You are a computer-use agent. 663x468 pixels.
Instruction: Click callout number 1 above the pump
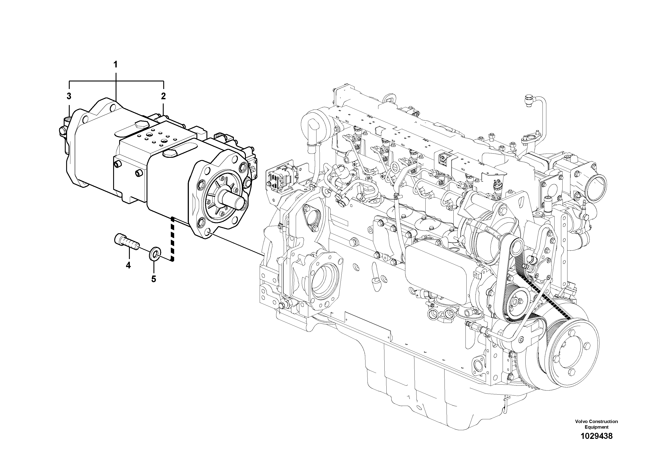point(116,64)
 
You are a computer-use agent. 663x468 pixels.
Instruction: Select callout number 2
point(163,96)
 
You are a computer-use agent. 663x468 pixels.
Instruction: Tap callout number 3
point(69,96)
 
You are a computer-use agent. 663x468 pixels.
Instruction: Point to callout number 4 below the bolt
point(128,265)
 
